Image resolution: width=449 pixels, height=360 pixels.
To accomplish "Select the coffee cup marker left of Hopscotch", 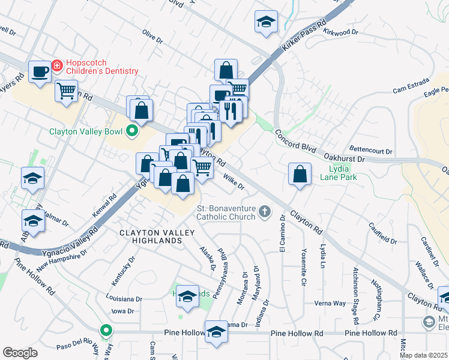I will [40, 72].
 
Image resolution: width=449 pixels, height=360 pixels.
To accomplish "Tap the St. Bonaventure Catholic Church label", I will [226, 212].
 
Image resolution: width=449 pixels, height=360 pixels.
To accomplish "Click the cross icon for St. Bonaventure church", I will [264, 211].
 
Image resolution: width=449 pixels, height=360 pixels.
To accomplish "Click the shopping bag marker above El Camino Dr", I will [300, 175].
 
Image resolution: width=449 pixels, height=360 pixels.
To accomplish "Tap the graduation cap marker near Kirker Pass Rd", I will [266, 23].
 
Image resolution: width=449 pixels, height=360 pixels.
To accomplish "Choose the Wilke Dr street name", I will [234, 181].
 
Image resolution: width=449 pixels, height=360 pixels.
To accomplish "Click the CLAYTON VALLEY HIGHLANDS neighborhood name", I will [150, 236].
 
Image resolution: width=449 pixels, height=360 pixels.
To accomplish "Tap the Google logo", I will [20, 353].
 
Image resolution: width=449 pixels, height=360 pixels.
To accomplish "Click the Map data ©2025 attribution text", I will [424, 355].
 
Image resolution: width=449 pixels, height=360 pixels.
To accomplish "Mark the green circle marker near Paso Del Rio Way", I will [106, 330].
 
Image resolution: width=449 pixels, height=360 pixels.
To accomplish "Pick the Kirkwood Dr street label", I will [340, 32].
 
